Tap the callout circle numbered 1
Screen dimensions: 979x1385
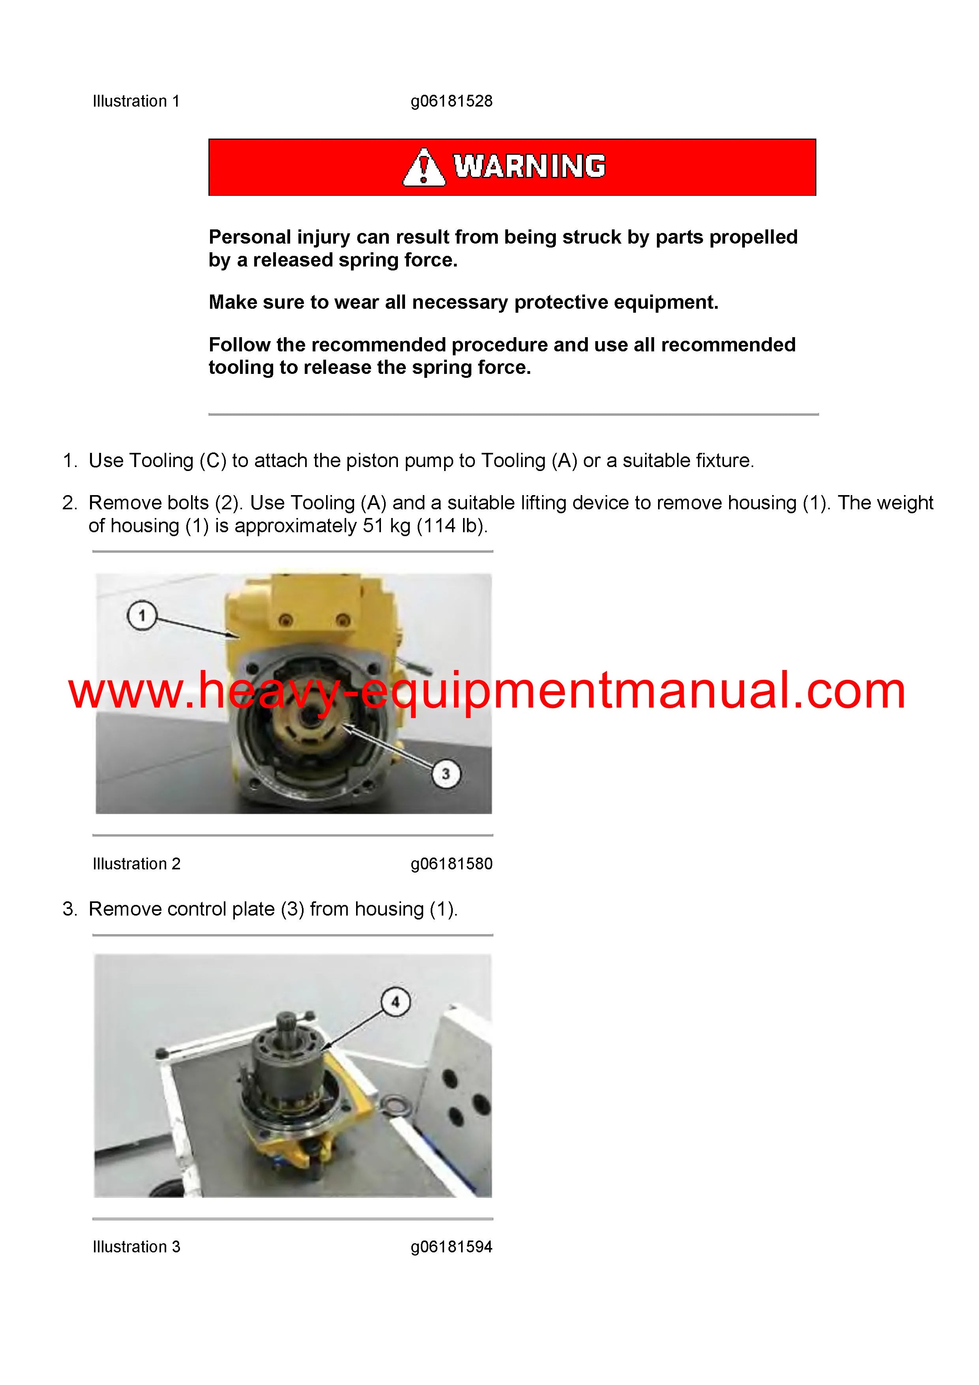pyautogui.click(x=143, y=616)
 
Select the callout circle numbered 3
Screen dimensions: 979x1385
pyautogui.click(x=446, y=773)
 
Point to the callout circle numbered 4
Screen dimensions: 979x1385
pyautogui.click(x=396, y=1002)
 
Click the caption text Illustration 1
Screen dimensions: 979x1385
pyautogui.click(x=136, y=101)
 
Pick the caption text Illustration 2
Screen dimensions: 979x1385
pyautogui.click(x=136, y=864)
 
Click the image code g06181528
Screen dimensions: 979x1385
pyautogui.click(x=452, y=101)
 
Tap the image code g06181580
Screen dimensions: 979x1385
pyautogui.click(x=452, y=864)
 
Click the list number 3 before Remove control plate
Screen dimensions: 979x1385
pyautogui.click(x=70, y=909)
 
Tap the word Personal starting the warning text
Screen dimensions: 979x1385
pyautogui.click(x=249, y=237)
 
